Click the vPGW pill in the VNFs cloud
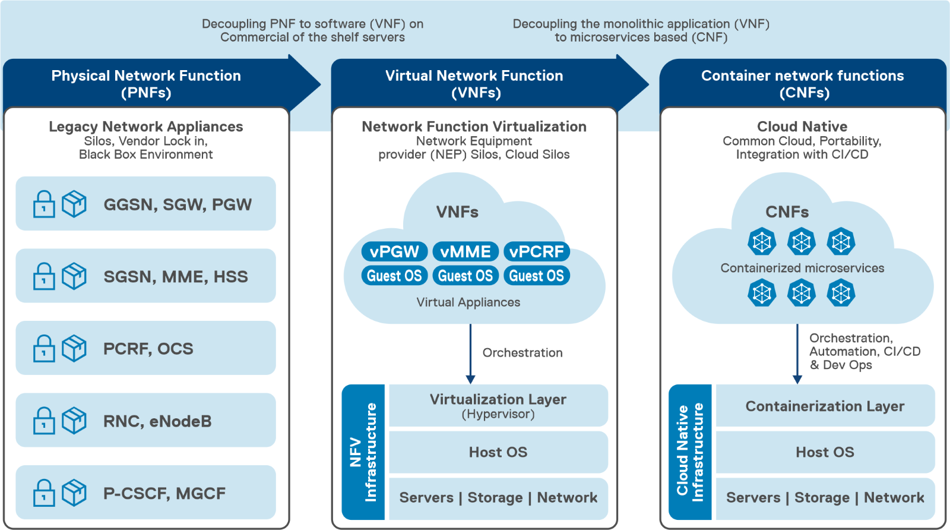coord(394,251)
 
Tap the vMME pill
coord(465,251)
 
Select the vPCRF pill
coord(536,251)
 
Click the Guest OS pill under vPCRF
coord(536,276)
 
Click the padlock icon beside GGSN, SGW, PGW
coord(44,204)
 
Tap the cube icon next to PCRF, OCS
coord(74,348)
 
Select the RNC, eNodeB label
coord(157,421)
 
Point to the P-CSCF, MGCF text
coord(164,493)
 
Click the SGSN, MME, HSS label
coord(176,276)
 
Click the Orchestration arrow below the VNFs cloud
coord(470,354)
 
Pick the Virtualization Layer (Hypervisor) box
coord(498,405)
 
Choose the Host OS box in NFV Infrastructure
coord(498,452)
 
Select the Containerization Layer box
coord(825,406)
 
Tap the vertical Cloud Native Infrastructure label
coord(690,452)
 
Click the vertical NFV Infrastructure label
coord(363,452)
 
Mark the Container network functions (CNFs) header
coord(802,84)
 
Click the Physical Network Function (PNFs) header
coord(146,84)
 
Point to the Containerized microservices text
coord(802,268)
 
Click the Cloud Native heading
coord(802,127)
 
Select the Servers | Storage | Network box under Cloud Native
coord(825,498)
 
